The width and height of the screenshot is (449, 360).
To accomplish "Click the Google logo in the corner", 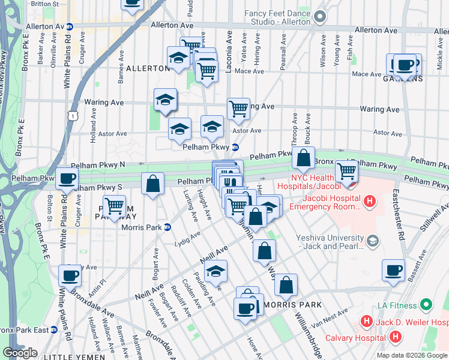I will pos(20,353).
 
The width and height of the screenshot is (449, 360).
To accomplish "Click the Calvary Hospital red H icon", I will pos(395,337).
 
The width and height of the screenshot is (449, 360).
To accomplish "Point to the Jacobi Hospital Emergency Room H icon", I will pos(370,202).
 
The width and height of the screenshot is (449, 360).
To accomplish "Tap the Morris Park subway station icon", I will pos(167,227).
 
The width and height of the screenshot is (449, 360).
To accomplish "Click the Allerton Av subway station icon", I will pos(70,27).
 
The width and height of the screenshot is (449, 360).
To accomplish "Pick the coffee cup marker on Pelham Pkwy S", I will pos(67,178).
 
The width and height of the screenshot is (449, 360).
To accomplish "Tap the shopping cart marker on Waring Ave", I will pos(238,109).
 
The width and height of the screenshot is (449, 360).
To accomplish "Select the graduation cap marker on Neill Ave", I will pos(216,271).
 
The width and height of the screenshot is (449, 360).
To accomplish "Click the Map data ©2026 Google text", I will pos(412,355).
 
